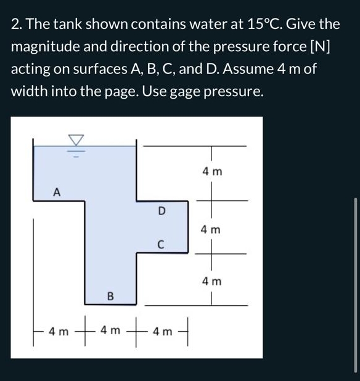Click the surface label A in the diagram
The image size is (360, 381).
click(56, 192)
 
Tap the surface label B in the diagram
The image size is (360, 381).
click(110, 297)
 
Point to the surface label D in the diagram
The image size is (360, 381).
click(162, 210)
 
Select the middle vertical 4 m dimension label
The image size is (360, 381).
click(211, 229)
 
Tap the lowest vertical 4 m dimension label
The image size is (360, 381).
click(211, 282)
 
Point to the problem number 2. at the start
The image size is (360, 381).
click(17, 24)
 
